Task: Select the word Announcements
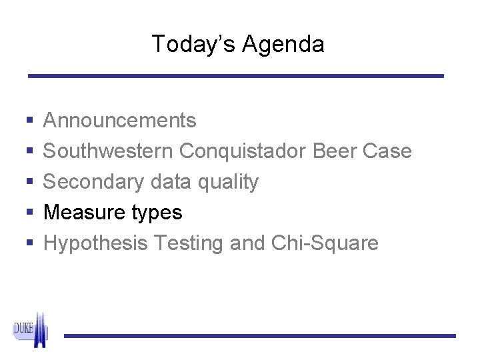point(120,121)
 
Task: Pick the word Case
point(389,151)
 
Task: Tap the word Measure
point(81,213)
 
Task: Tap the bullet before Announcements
point(30,121)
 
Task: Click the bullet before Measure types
point(30,213)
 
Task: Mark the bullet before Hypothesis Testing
point(30,244)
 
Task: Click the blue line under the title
point(236,76)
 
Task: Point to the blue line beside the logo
point(260,335)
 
